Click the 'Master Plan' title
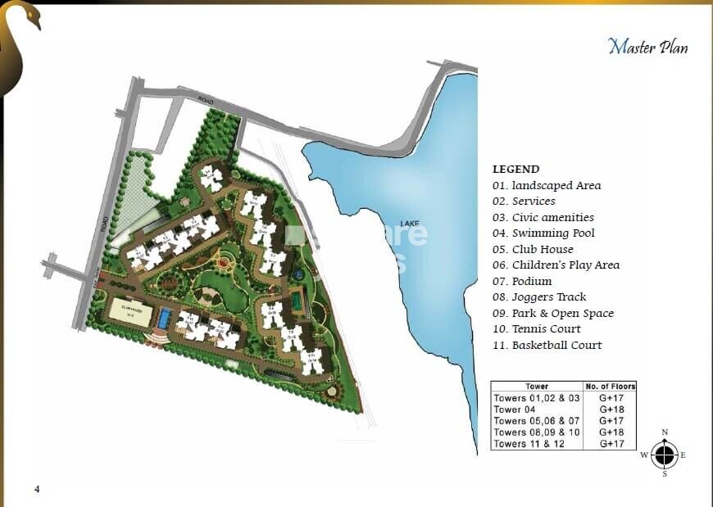tap(647, 46)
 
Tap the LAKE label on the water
tap(410, 223)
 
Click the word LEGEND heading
tap(515, 169)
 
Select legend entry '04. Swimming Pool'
tap(543, 233)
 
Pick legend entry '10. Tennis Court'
tap(536, 329)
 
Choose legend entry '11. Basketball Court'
tap(547, 345)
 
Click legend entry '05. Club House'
tap(533, 249)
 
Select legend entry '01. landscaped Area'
tap(547, 186)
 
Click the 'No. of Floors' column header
tap(611, 387)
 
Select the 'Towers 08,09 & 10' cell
tap(536, 432)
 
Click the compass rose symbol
tap(665, 454)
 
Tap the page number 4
tap(37, 490)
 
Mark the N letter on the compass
tap(665, 432)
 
